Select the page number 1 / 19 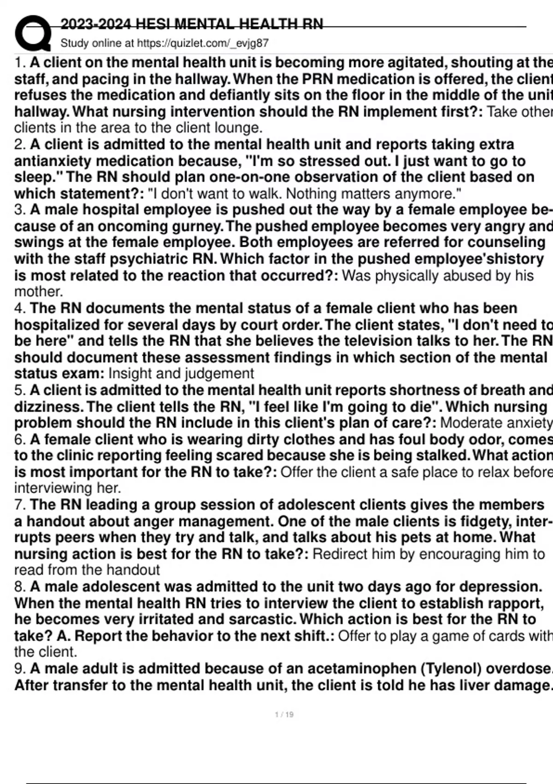coord(284,715)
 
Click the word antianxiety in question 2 coord(53,161)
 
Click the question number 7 coord(19,505)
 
